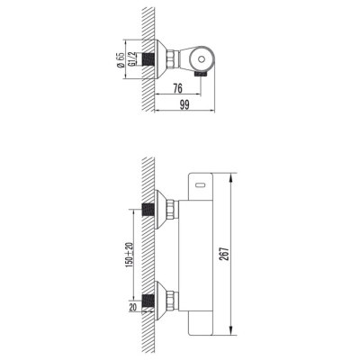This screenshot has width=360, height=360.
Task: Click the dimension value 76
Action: (178, 88)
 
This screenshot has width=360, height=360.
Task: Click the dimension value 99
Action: (184, 105)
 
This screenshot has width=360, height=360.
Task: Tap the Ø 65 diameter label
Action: (121, 60)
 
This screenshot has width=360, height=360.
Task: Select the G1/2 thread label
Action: (131, 59)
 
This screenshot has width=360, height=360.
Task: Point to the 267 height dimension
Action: (225, 254)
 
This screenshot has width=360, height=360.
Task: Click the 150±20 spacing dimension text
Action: (130, 254)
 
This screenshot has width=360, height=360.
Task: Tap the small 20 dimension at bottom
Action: (133, 307)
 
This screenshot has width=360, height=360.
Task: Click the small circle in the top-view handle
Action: (202, 59)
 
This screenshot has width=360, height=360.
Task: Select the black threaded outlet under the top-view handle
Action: (201, 75)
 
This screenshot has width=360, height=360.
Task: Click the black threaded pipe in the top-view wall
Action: (148, 59)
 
